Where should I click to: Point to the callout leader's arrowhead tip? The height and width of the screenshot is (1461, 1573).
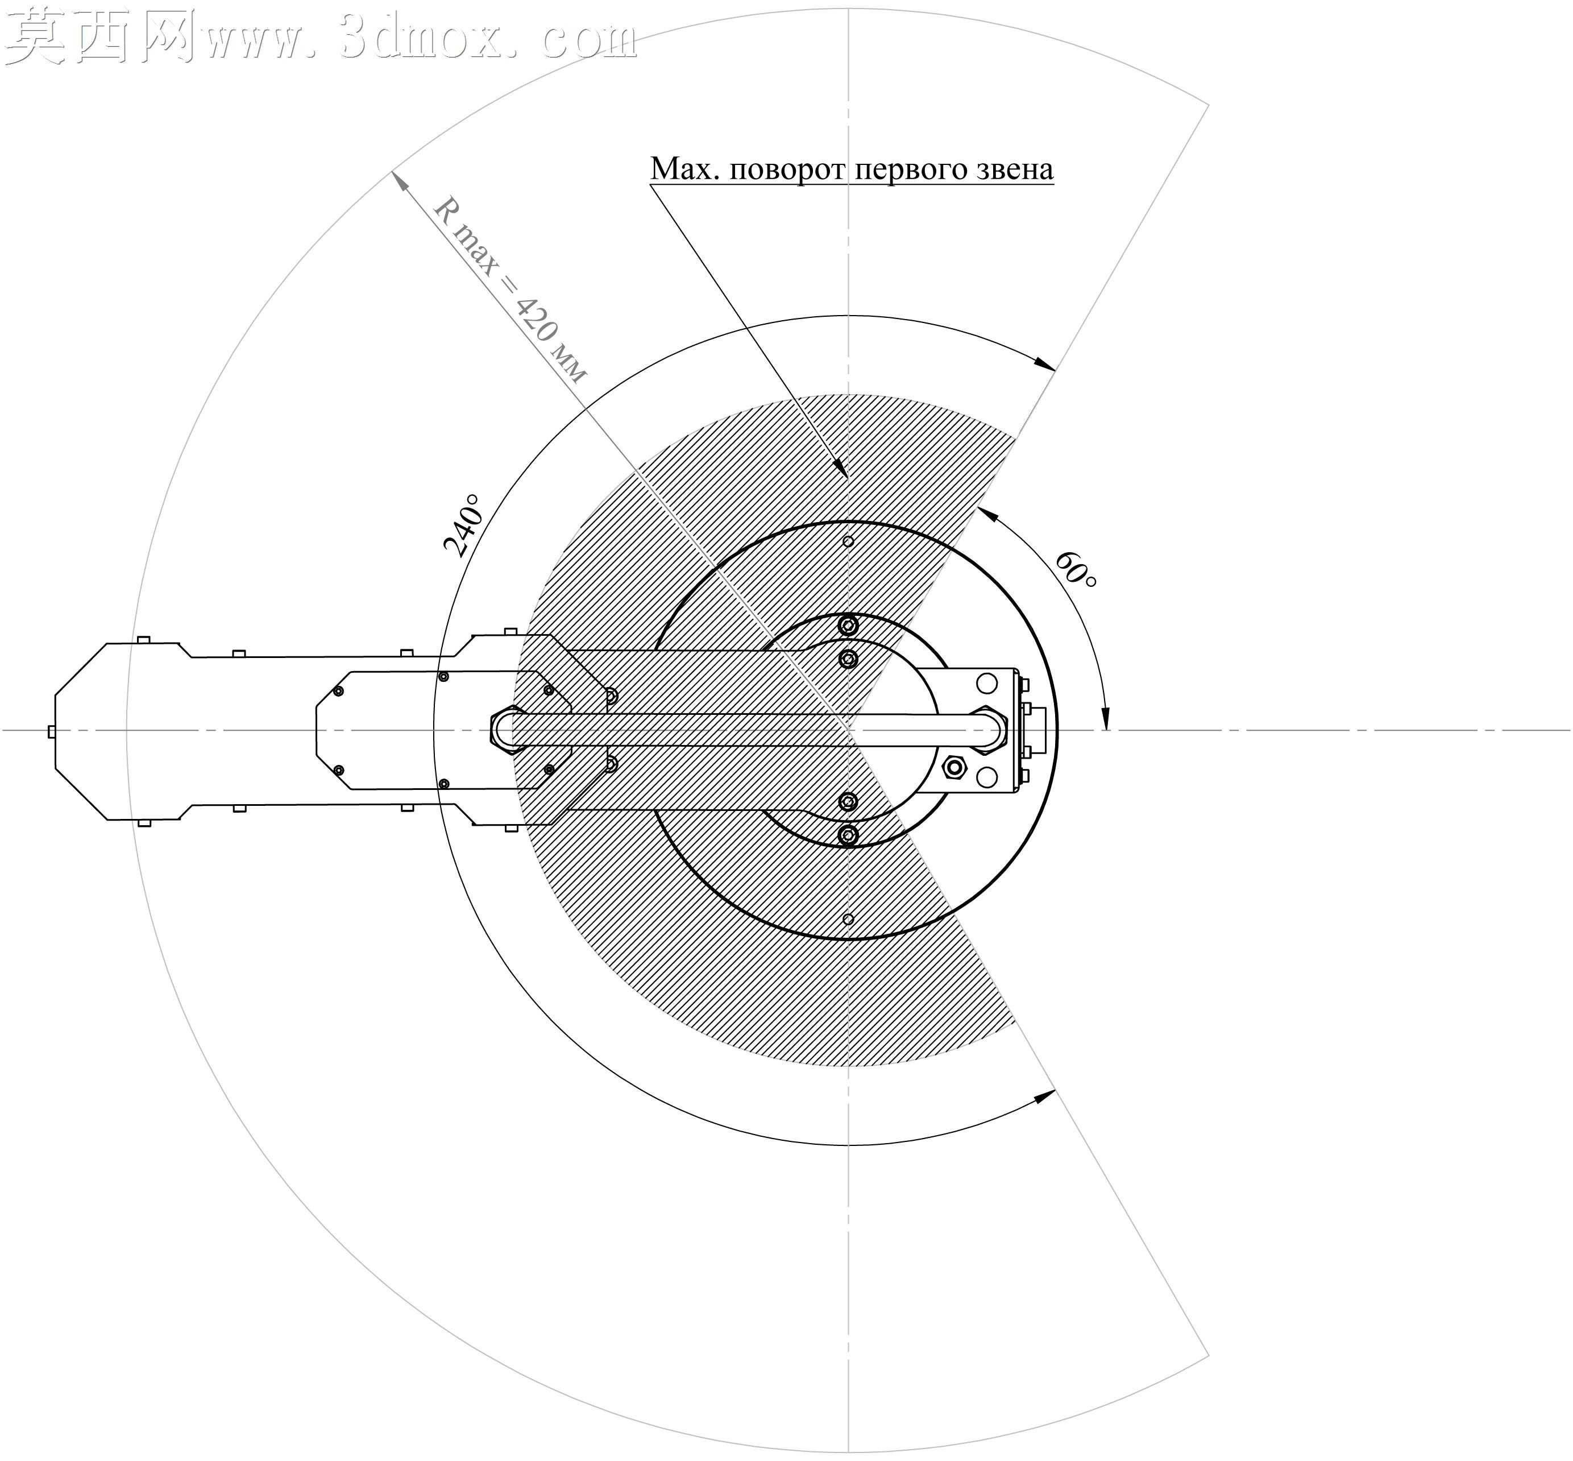pyautogui.click(x=846, y=478)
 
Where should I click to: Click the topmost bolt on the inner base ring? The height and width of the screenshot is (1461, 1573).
pyautogui.click(x=848, y=626)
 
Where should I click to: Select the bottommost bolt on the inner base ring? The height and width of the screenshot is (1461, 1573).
pyautogui.click(x=848, y=835)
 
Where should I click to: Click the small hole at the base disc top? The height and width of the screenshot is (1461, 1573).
pyautogui.click(x=848, y=541)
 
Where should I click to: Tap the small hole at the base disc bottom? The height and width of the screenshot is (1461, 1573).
pyautogui.click(x=848, y=918)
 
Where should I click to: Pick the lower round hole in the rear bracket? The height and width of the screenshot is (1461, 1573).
pyautogui.click(x=986, y=777)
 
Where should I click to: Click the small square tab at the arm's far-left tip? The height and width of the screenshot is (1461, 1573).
pyautogui.click(x=51, y=731)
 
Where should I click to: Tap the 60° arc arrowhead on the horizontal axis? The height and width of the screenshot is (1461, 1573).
pyautogui.click(x=1106, y=719)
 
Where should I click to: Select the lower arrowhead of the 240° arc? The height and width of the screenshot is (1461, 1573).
pyautogui.click(x=1045, y=1096)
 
